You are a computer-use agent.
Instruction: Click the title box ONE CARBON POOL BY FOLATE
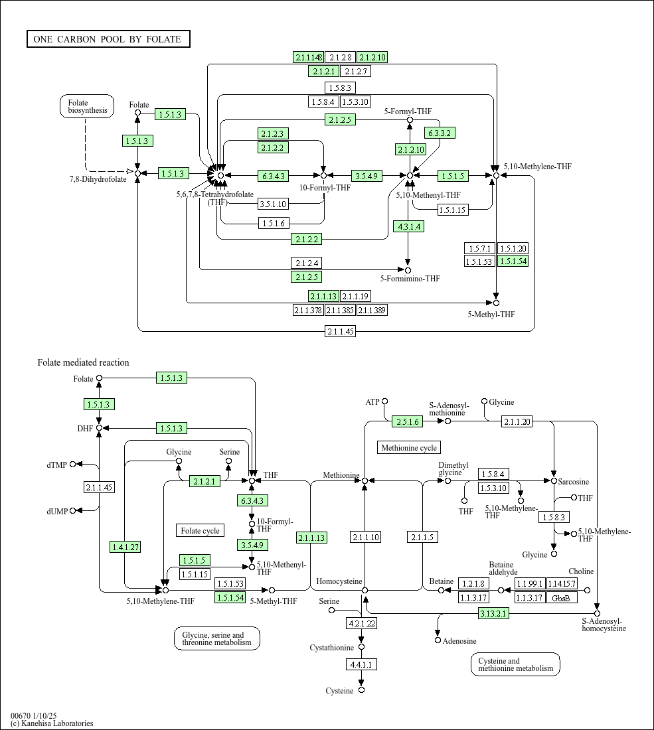[108, 39]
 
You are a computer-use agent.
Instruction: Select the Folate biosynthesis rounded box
[86, 106]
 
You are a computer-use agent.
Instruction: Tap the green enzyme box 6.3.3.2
[440, 133]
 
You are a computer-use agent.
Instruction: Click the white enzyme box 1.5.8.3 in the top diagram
[340, 88]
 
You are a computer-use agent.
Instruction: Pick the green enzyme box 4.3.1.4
[408, 226]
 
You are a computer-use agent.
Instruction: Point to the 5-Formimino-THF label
[410, 279]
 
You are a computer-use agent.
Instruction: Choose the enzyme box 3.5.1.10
[273, 204]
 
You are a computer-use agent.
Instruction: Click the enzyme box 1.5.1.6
[274, 223]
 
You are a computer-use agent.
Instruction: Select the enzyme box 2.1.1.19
[355, 296]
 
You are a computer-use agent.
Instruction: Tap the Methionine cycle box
[409, 448]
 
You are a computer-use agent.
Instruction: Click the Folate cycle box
[201, 530]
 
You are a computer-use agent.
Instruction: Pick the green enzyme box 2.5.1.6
[407, 422]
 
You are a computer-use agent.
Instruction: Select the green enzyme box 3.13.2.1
[493, 613]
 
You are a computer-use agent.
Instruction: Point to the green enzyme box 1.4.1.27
[125, 547]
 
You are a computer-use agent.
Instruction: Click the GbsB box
[561, 598]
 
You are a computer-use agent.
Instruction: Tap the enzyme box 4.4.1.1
[361, 664]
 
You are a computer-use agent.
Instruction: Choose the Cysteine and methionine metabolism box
[515, 664]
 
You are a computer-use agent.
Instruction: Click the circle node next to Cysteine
[361, 690]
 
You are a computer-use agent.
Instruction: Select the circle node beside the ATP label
[384, 402]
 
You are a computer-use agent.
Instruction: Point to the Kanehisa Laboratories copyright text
[51, 723]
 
